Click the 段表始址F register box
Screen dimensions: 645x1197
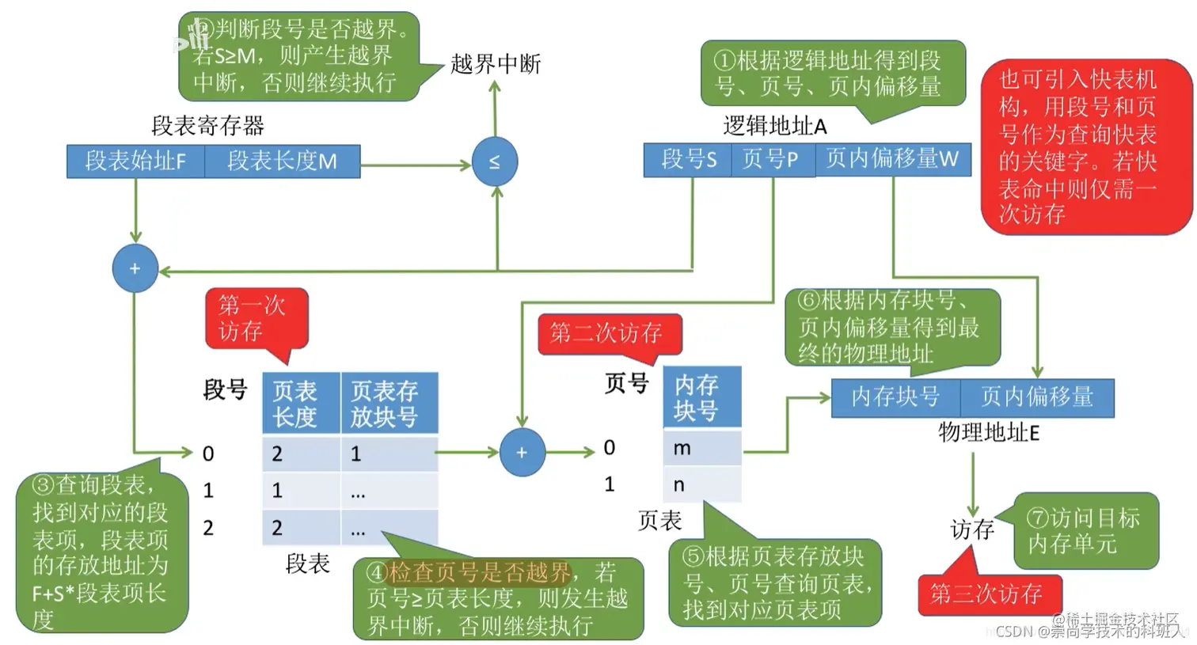[x=135, y=161]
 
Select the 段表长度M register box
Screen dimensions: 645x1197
[x=282, y=161]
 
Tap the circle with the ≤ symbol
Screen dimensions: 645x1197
[x=495, y=161]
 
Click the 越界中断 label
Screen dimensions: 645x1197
[x=496, y=64]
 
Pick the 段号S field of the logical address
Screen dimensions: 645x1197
[x=689, y=160]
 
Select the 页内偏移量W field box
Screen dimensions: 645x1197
[x=892, y=160]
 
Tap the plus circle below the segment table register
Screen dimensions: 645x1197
[x=135, y=268]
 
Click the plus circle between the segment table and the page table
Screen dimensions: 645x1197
[x=522, y=453]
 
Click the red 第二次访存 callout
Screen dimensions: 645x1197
[x=607, y=333]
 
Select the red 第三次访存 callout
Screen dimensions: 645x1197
[x=986, y=594]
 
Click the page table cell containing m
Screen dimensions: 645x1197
[x=701, y=448]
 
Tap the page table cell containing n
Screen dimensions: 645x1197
[x=701, y=484]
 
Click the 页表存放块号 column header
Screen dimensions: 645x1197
[x=389, y=404]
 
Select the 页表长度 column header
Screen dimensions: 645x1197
[x=301, y=404]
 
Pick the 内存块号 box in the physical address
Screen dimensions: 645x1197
[x=895, y=397]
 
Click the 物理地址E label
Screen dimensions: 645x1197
[x=988, y=432]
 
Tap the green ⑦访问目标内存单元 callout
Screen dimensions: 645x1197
[x=1085, y=531]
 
